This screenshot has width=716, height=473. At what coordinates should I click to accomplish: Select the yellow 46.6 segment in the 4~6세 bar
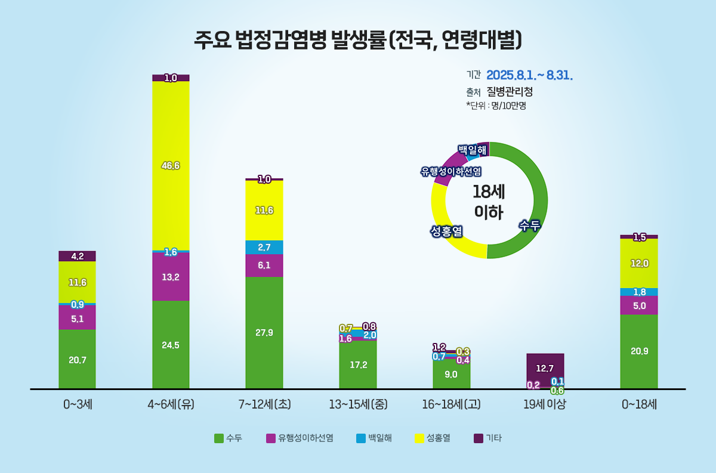[x=171, y=165]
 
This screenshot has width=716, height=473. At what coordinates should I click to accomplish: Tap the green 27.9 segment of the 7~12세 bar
[x=264, y=332]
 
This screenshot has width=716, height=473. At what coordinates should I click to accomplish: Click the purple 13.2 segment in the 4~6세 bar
[x=171, y=276]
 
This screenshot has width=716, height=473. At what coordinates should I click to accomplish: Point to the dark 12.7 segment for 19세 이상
[x=545, y=368]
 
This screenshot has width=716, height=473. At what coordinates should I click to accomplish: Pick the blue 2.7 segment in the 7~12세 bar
[x=264, y=247]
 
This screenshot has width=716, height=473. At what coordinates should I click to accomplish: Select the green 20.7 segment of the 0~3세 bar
[x=77, y=360]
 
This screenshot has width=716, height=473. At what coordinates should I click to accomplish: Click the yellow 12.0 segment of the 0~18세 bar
[x=639, y=263]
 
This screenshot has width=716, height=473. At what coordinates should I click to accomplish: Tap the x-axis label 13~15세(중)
[x=358, y=404]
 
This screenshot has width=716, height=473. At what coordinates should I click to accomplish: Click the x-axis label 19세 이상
[x=545, y=404]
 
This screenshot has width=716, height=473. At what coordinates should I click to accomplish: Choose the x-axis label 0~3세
[x=77, y=404]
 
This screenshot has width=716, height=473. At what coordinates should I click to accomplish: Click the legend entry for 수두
[x=229, y=438]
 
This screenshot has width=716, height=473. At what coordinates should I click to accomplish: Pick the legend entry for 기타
[x=488, y=438]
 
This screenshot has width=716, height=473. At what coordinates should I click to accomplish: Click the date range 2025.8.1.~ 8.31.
[x=530, y=76]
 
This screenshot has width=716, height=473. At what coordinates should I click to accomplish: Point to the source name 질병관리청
[x=510, y=92]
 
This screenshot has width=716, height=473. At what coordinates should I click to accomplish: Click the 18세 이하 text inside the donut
[x=489, y=201]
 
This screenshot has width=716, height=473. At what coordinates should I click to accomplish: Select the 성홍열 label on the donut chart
[x=447, y=230]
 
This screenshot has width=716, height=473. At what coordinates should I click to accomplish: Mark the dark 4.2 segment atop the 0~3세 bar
[x=77, y=256]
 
